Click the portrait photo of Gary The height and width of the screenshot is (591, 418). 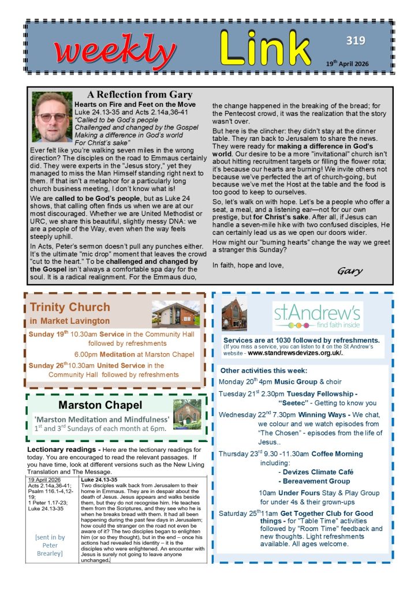point(52,117)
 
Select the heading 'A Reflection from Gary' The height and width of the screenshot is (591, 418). point(140,95)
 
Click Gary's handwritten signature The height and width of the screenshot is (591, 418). point(350,270)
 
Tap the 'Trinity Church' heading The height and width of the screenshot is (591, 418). point(70,307)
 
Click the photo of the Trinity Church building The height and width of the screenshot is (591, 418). point(176,315)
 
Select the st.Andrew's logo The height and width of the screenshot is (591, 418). point(318,315)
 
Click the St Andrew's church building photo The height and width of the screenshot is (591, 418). point(234,315)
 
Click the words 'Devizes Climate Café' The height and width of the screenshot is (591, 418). point(316,472)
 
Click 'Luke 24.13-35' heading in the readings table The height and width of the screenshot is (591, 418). point(99,479)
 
